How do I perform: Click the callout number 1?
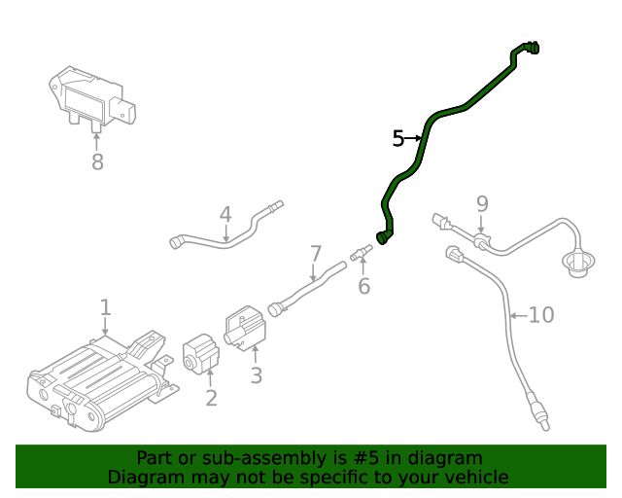pyautogui.click(x=106, y=308)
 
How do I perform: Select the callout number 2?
pyautogui.click(x=211, y=398)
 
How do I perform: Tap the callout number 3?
pyautogui.click(x=256, y=375)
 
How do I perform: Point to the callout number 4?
pyautogui.click(x=225, y=214)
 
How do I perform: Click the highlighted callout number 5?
pyautogui.click(x=397, y=139)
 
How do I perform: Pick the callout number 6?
pyautogui.click(x=364, y=286)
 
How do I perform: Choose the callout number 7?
pyautogui.click(x=315, y=254)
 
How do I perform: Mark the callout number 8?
pyautogui.click(x=97, y=162)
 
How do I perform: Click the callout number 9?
pyautogui.click(x=481, y=203)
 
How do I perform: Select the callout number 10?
pyautogui.click(x=541, y=315)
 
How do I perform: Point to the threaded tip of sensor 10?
pyautogui.click(x=547, y=420)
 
